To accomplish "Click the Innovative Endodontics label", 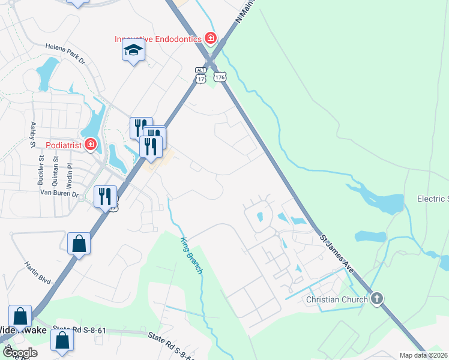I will (x=158, y=40).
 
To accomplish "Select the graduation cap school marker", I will (x=133, y=51).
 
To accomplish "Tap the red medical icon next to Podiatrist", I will (x=90, y=145).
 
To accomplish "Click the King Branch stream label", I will (x=191, y=256).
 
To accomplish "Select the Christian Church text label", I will (x=336, y=299).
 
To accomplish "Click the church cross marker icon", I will (x=376, y=298).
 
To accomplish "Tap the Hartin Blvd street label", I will (x=37, y=272).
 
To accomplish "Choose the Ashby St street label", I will (x=33, y=134).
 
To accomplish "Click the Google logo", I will (x=20, y=352).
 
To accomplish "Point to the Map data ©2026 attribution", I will (x=423, y=355).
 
